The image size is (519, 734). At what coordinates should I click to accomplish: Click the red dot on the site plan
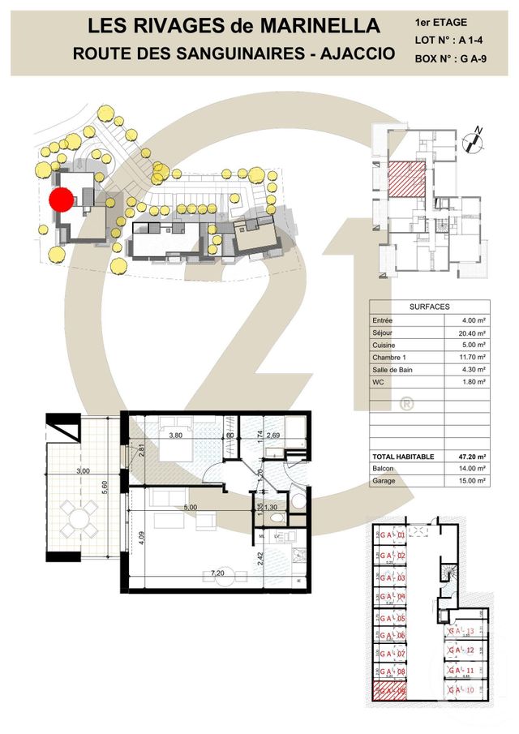click(62, 200)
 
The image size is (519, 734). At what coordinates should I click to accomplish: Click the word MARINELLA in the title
click(320, 26)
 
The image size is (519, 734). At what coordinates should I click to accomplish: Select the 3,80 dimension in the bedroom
click(175, 435)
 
